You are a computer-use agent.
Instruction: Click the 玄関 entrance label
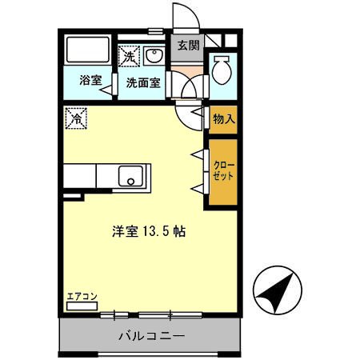(189, 44)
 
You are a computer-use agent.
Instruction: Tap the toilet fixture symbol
(222, 72)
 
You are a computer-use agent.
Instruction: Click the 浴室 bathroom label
(89, 82)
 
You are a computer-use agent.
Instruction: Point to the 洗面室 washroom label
(142, 82)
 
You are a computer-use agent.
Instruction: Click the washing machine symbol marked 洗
(129, 56)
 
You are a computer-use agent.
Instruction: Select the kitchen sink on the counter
(130, 176)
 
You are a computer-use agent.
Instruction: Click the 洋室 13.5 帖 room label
(149, 233)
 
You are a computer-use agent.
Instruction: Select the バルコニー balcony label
(150, 335)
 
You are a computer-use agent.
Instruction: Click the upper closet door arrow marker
(195, 152)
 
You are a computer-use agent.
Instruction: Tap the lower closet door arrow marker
(195, 188)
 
